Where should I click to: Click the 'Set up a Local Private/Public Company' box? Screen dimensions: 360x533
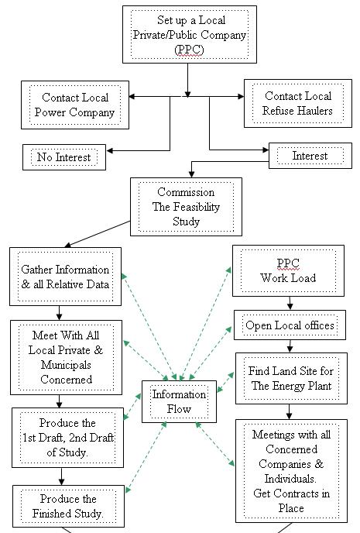pyautogui.click(x=190, y=34)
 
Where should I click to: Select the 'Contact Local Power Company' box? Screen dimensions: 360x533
pyautogui.click(x=75, y=105)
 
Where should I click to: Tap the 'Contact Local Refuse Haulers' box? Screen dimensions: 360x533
pyautogui.click(x=298, y=103)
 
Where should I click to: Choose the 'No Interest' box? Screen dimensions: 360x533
pyautogui.click(x=64, y=157)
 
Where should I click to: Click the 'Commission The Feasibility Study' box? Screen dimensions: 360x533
pyautogui.click(x=186, y=207)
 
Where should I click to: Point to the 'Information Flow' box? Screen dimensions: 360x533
pyautogui.click(x=179, y=401)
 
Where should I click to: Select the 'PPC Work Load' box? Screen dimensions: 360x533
pyautogui.click(x=288, y=270)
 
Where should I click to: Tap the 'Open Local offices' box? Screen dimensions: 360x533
pyautogui.click(x=290, y=325)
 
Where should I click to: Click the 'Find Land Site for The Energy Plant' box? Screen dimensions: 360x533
pyautogui.click(x=291, y=378)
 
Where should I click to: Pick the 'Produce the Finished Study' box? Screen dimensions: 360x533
pyautogui.click(x=68, y=506)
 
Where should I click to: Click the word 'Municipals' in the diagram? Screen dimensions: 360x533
pyautogui.click(x=66, y=365)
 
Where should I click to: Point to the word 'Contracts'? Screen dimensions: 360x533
pyautogui.click(x=301, y=493)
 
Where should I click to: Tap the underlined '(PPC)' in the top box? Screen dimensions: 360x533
pyautogui.click(x=189, y=50)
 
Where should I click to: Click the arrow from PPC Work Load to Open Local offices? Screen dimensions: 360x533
pyautogui.click(x=290, y=303)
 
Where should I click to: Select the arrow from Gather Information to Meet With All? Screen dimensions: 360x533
pyautogui.click(x=60, y=313)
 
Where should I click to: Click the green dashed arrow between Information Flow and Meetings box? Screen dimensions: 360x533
pyautogui.click(x=215, y=444)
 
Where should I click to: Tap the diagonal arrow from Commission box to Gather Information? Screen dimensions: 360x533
pyautogui.click(x=97, y=234)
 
